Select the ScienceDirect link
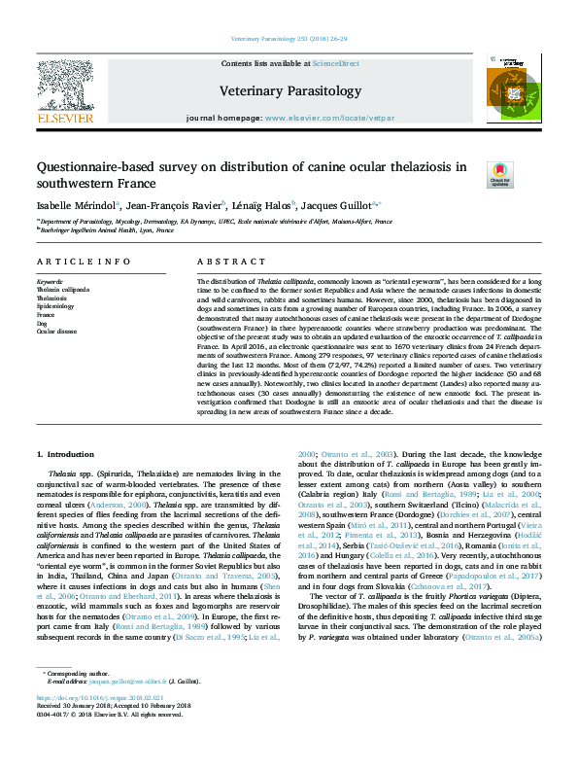click(x=334, y=63)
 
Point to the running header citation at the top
click(x=289, y=39)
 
